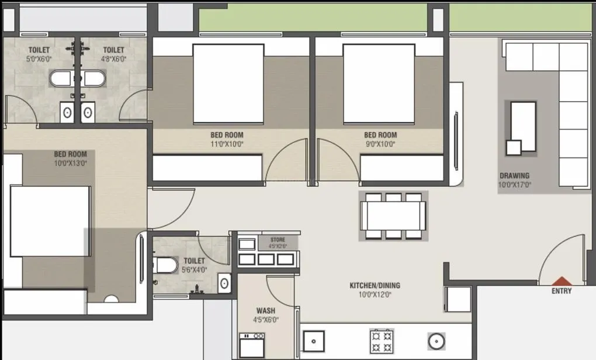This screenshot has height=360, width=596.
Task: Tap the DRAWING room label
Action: coord(514,175)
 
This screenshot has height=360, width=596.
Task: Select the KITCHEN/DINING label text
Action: coord(375,286)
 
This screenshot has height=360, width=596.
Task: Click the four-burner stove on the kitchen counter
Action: coord(382,340)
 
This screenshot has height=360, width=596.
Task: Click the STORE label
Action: coord(278,240)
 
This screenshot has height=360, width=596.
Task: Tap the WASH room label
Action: coord(266,311)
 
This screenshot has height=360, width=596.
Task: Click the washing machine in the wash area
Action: coord(252,345)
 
